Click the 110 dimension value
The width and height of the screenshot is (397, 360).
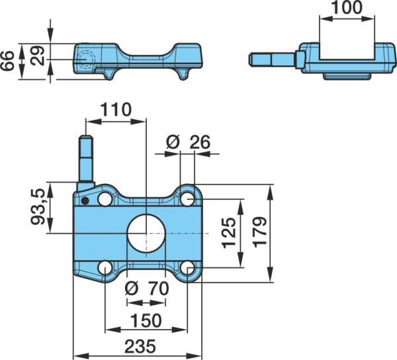click(x=116, y=109)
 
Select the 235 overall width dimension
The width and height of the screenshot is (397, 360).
click(x=140, y=346)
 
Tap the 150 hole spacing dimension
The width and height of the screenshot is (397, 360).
click(x=146, y=320)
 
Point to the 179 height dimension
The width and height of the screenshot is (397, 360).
click(x=260, y=232)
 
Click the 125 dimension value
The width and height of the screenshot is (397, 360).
click(x=229, y=233)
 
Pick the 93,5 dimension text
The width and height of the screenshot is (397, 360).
click(x=38, y=207)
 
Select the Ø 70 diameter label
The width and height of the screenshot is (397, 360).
click(x=147, y=289)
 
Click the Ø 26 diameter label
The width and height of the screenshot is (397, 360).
click(x=188, y=142)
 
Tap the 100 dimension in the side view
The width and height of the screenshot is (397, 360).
click(x=347, y=7)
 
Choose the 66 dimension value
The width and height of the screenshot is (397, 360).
click(x=7, y=61)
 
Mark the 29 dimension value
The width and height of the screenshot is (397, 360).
click(x=37, y=56)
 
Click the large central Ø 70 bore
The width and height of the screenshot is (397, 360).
click(x=146, y=234)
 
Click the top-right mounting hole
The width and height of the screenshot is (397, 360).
click(x=188, y=199)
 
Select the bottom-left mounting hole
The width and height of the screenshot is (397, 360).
click(x=105, y=268)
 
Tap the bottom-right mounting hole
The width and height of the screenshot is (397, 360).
click(x=188, y=268)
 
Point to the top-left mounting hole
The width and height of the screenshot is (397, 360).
click(x=105, y=199)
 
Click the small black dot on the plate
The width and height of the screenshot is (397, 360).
click(x=85, y=201)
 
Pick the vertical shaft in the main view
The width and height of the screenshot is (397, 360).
click(x=86, y=159)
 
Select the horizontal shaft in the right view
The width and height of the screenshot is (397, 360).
click(x=272, y=60)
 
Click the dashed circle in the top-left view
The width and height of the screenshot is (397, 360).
click(x=86, y=60)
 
